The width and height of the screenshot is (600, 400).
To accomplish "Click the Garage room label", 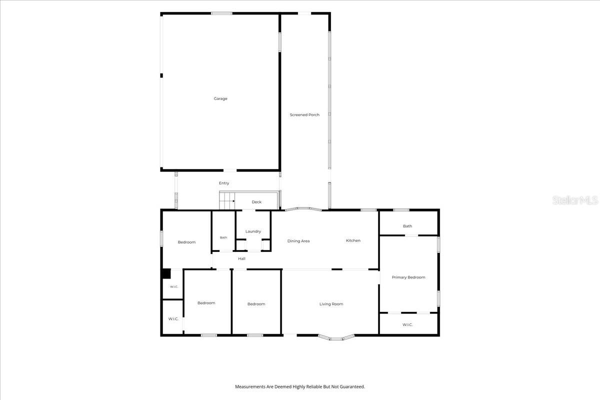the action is coord(220,98).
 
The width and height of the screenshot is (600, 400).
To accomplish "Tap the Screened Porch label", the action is coord(304,114).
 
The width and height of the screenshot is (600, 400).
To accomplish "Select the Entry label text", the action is coord(224,183).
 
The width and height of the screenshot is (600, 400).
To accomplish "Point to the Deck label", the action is coord(256,202).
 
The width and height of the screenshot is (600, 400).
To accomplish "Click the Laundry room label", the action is coord(253,231).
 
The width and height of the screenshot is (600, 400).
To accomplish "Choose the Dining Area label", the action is coord(298,241).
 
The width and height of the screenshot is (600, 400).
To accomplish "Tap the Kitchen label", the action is coord(353,240).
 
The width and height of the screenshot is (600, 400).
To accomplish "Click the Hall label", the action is coord(241,258).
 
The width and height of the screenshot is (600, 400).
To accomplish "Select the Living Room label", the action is coord(331,304).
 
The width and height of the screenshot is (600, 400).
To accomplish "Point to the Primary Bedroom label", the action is coord(408,277).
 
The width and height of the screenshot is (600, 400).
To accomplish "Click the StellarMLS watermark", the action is coord(575,200).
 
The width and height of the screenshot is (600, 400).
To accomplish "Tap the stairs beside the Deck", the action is coord(227,200).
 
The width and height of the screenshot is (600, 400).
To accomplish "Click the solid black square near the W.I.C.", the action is coord(166,274).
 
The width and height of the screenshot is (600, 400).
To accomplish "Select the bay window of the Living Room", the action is coord(336,338).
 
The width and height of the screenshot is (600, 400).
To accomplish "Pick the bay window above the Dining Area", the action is coord(303,208).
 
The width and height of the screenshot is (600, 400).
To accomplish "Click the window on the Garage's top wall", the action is coord(221,13).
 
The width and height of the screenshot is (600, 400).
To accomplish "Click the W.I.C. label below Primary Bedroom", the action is coord(407,324).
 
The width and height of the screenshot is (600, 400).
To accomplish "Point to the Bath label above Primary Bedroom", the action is coord(407,226).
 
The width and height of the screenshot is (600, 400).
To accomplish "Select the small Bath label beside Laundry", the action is coord(223,237).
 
